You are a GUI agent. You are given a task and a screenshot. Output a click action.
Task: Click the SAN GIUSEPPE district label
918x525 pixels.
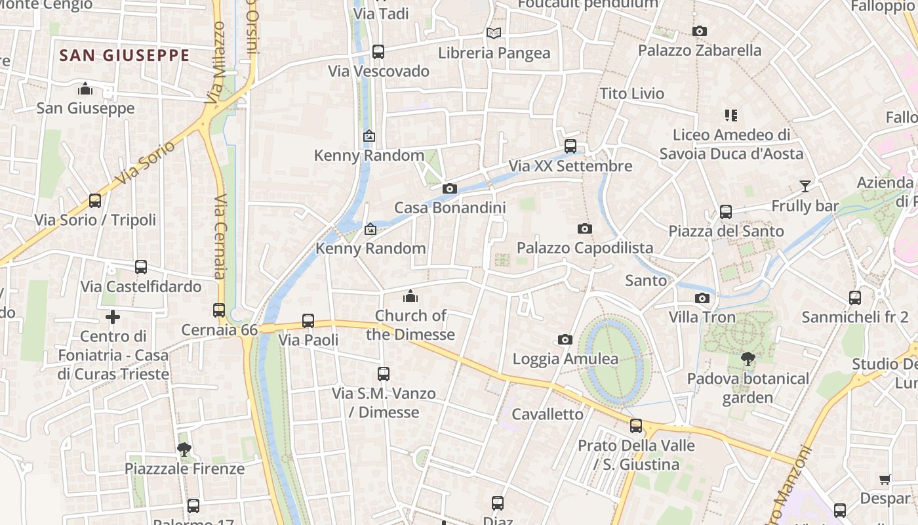(x=125, y=56)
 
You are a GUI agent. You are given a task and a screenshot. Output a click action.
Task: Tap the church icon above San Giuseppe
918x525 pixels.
(x=85, y=89)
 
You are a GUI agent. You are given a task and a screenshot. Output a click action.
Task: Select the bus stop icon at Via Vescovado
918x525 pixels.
(x=378, y=52)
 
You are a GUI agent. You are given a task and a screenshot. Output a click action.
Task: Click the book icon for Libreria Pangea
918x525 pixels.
(x=494, y=33)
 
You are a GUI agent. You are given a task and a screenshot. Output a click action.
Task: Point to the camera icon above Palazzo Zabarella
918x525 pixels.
(x=700, y=31)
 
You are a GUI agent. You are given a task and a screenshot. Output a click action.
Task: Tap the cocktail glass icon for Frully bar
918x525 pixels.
(x=805, y=186)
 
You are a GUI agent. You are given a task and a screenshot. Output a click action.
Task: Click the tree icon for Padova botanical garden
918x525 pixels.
(x=748, y=359)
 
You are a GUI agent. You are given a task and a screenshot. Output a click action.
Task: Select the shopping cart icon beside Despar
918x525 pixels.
(x=885, y=479)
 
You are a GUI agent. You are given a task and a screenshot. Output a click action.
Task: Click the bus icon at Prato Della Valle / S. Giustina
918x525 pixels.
(x=636, y=426)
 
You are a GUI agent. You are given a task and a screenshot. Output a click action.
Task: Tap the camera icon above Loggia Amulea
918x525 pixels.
(x=565, y=339)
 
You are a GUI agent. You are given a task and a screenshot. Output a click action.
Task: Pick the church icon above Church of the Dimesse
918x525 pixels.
(x=410, y=296)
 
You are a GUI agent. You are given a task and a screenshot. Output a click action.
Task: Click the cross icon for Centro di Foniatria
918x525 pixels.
(x=113, y=318)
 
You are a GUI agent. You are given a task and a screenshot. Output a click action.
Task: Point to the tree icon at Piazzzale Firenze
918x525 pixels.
(x=184, y=450)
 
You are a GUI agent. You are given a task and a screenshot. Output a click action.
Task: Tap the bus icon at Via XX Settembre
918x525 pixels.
(x=570, y=146)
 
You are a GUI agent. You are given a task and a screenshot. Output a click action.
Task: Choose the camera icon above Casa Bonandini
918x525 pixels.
(x=450, y=189)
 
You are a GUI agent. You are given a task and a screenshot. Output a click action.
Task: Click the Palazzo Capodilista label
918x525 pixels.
(x=585, y=248)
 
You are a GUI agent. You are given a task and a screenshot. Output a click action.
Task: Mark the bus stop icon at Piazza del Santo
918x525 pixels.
(x=726, y=212)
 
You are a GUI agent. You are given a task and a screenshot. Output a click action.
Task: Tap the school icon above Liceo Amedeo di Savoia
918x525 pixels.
(x=731, y=115)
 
